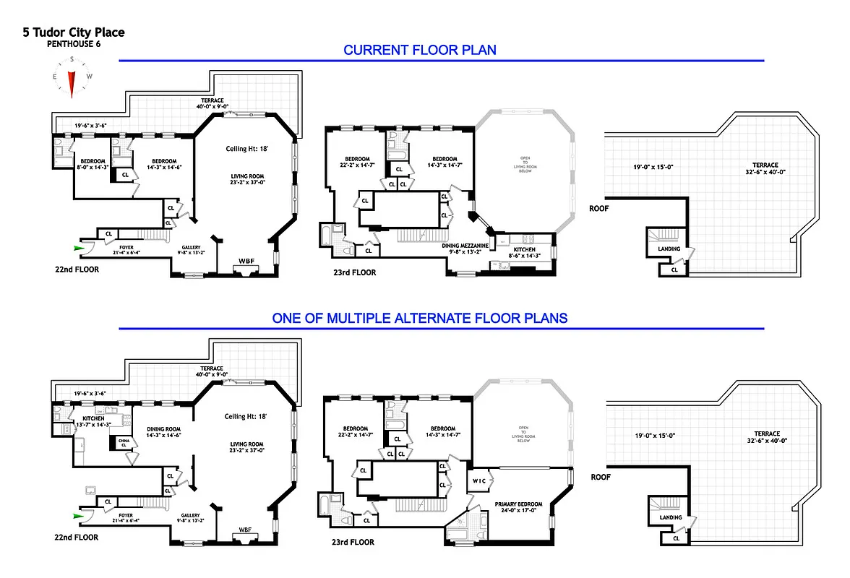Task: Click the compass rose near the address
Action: (72, 80)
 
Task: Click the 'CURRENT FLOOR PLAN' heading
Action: (419, 50)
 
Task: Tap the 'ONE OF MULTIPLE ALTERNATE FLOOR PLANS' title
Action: (419, 318)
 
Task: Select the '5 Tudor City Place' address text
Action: (74, 33)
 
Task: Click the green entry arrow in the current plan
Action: (79, 248)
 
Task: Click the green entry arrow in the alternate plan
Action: (79, 516)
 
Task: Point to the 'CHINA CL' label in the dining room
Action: (124, 442)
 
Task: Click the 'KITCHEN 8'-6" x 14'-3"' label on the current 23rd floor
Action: (525, 252)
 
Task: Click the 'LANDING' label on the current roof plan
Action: (669, 249)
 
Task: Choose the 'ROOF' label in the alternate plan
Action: (601, 477)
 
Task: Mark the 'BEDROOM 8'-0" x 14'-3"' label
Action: (93, 164)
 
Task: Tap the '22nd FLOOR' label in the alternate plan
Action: (75, 538)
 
